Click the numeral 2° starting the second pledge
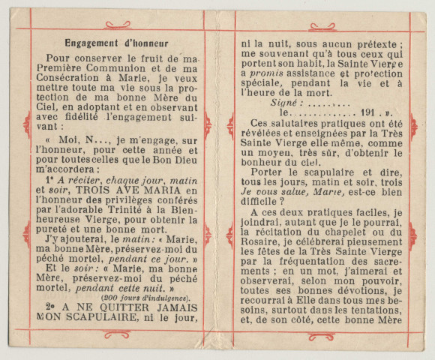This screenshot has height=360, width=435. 48,308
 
